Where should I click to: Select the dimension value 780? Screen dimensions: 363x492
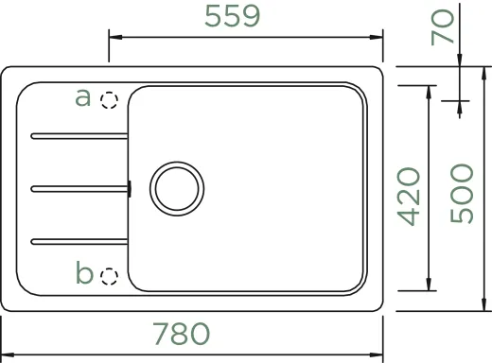point(180,335)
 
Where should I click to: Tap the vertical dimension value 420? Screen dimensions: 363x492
point(408,197)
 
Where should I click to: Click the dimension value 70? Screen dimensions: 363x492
point(441,27)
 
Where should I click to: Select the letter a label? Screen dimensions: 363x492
point(82,96)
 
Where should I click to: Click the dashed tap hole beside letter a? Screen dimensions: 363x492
point(110,98)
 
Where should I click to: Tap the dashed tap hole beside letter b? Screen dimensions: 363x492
point(110,275)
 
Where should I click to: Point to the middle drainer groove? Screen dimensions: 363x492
point(78,187)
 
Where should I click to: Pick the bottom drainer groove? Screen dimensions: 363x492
point(78,237)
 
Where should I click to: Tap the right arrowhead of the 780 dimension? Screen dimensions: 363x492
point(378,350)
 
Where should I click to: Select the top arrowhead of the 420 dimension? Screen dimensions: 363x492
point(430,89)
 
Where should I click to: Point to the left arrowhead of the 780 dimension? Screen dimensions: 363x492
point(6,350)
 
